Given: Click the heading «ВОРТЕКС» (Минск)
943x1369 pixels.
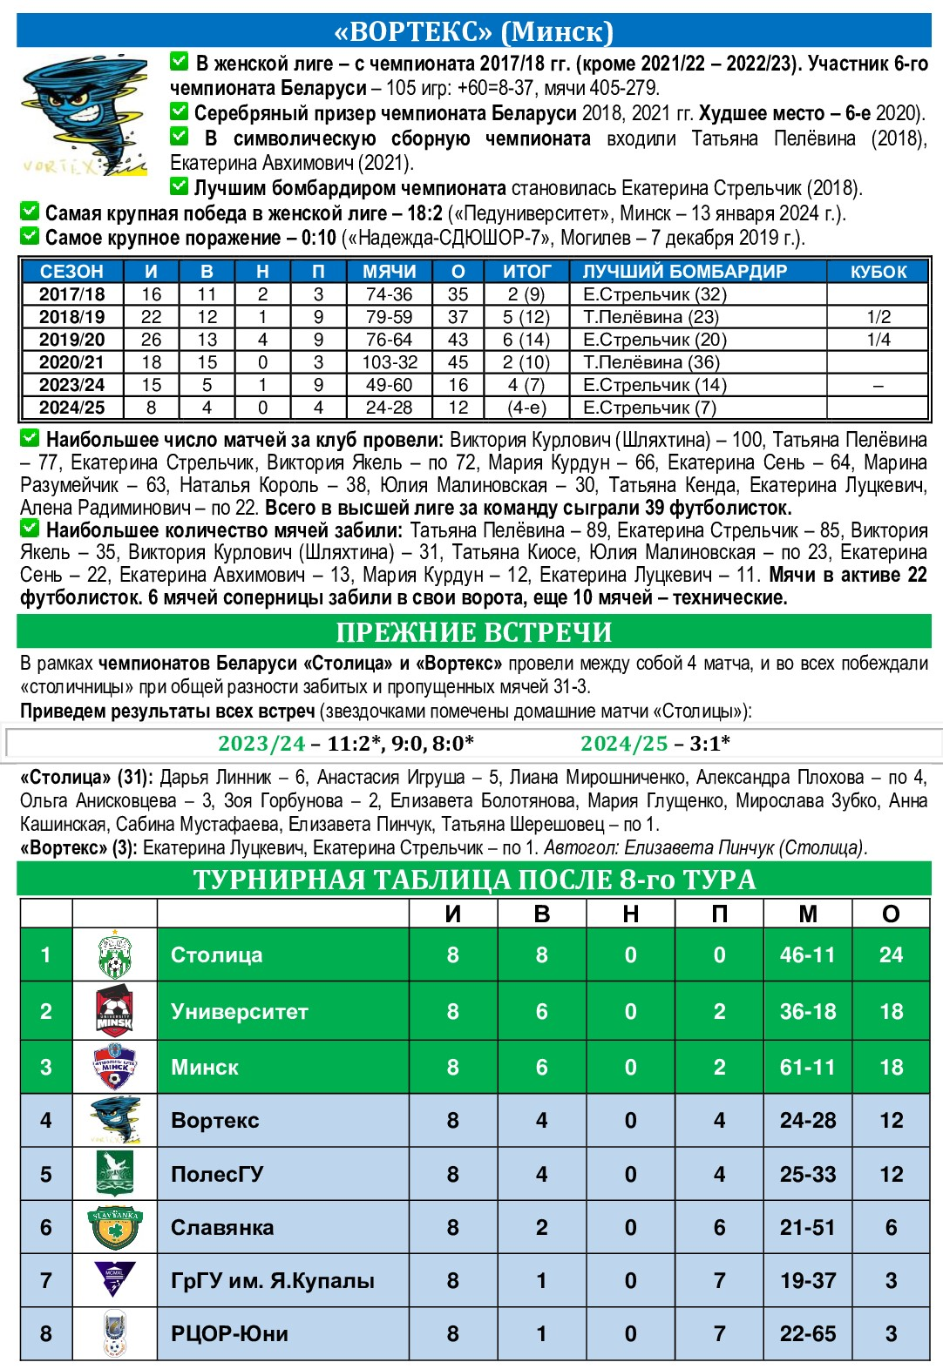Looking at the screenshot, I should (x=473, y=31).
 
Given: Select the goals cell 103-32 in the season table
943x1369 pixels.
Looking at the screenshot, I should (x=390, y=362).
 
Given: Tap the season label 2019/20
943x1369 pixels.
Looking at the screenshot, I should (x=71, y=340).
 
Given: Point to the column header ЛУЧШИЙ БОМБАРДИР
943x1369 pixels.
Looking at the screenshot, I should (x=684, y=272).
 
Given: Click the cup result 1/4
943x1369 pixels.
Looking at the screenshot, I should (x=878, y=340).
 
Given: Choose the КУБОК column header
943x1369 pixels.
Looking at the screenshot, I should (x=878, y=272).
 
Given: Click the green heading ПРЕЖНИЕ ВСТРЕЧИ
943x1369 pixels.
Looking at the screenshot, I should (x=473, y=632).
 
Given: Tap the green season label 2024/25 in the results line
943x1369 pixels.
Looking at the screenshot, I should (x=623, y=743).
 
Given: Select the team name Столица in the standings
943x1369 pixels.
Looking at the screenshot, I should (x=216, y=955).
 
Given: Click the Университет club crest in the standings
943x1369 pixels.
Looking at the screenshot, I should (x=114, y=1011).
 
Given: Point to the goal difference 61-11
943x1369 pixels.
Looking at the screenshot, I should (x=807, y=1067).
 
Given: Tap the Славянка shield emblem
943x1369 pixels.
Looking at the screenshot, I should (x=114, y=1227).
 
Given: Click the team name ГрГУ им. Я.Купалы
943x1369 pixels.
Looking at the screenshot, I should (x=272, y=1281).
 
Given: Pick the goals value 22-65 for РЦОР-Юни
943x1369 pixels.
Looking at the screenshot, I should (x=807, y=1334).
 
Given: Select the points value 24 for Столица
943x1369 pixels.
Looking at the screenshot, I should (x=891, y=955).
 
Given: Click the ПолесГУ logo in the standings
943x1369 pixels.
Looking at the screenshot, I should (x=114, y=1173).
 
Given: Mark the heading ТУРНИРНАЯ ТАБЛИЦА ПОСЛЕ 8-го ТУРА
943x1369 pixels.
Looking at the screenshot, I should (x=473, y=880).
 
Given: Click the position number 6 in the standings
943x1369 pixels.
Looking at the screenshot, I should (x=46, y=1228).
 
